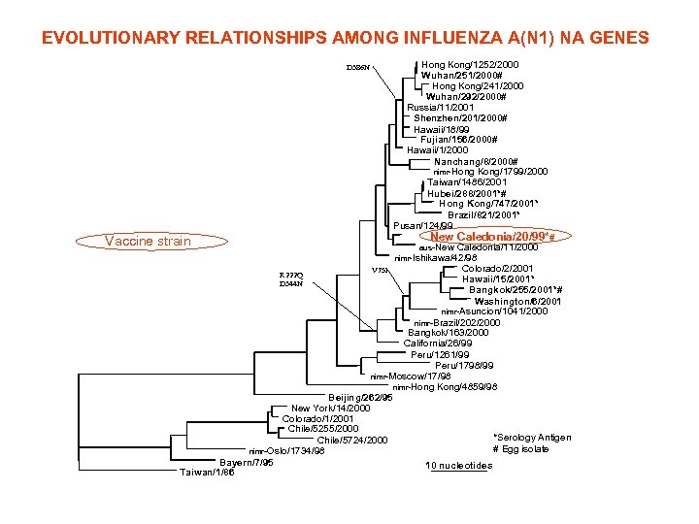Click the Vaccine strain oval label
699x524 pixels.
(x=148, y=241)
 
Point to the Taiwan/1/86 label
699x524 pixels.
(x=206, y=473)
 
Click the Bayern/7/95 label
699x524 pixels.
(x=247, y=462)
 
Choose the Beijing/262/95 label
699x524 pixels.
(x=361, y=397)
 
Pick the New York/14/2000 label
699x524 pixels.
(x=325, y=408)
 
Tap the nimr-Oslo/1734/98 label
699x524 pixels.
(x=286, y=451)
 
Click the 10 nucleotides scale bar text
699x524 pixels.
(x=459, y=466)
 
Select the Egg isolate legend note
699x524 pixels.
(x=521, y=449)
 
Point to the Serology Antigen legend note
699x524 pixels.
(x=532, y=438)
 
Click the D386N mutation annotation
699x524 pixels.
(x=359, y=68)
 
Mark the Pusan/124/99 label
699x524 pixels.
(x=422, y=226)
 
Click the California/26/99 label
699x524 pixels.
(x=438, y=343)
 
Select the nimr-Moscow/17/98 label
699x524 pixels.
(x=411, y=376)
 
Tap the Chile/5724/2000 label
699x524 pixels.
(x=351, y=441)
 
